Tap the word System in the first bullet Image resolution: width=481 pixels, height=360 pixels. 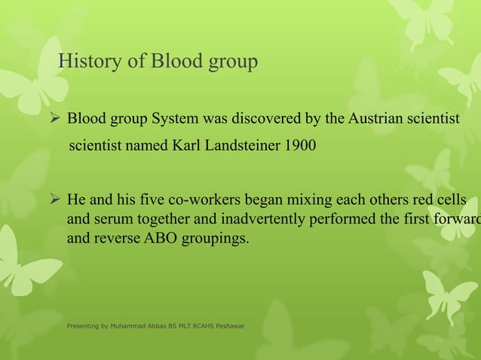[x=175, y=119]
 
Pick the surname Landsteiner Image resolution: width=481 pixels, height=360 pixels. [x=242, y=145]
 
